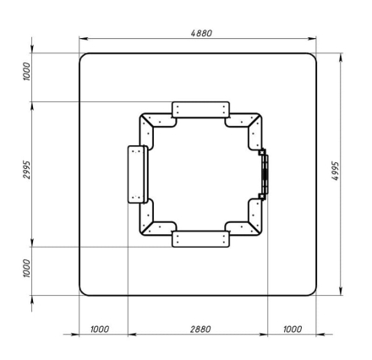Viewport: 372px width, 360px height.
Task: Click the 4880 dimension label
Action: point(201,33)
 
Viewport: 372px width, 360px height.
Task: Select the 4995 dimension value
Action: point(335,171)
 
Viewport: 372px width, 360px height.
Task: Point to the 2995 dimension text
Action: point(26,170)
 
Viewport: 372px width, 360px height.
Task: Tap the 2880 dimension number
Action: point(200,329)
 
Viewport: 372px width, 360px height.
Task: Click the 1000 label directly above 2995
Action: point(26,72)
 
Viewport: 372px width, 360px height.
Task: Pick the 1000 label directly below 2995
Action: point(26,269)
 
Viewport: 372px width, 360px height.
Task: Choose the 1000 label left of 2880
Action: point(100,329)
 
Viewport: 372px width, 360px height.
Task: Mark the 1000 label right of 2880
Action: point(293,329)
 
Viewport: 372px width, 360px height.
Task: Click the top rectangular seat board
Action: point(200,110)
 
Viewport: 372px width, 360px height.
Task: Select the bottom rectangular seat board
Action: point(200,239)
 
